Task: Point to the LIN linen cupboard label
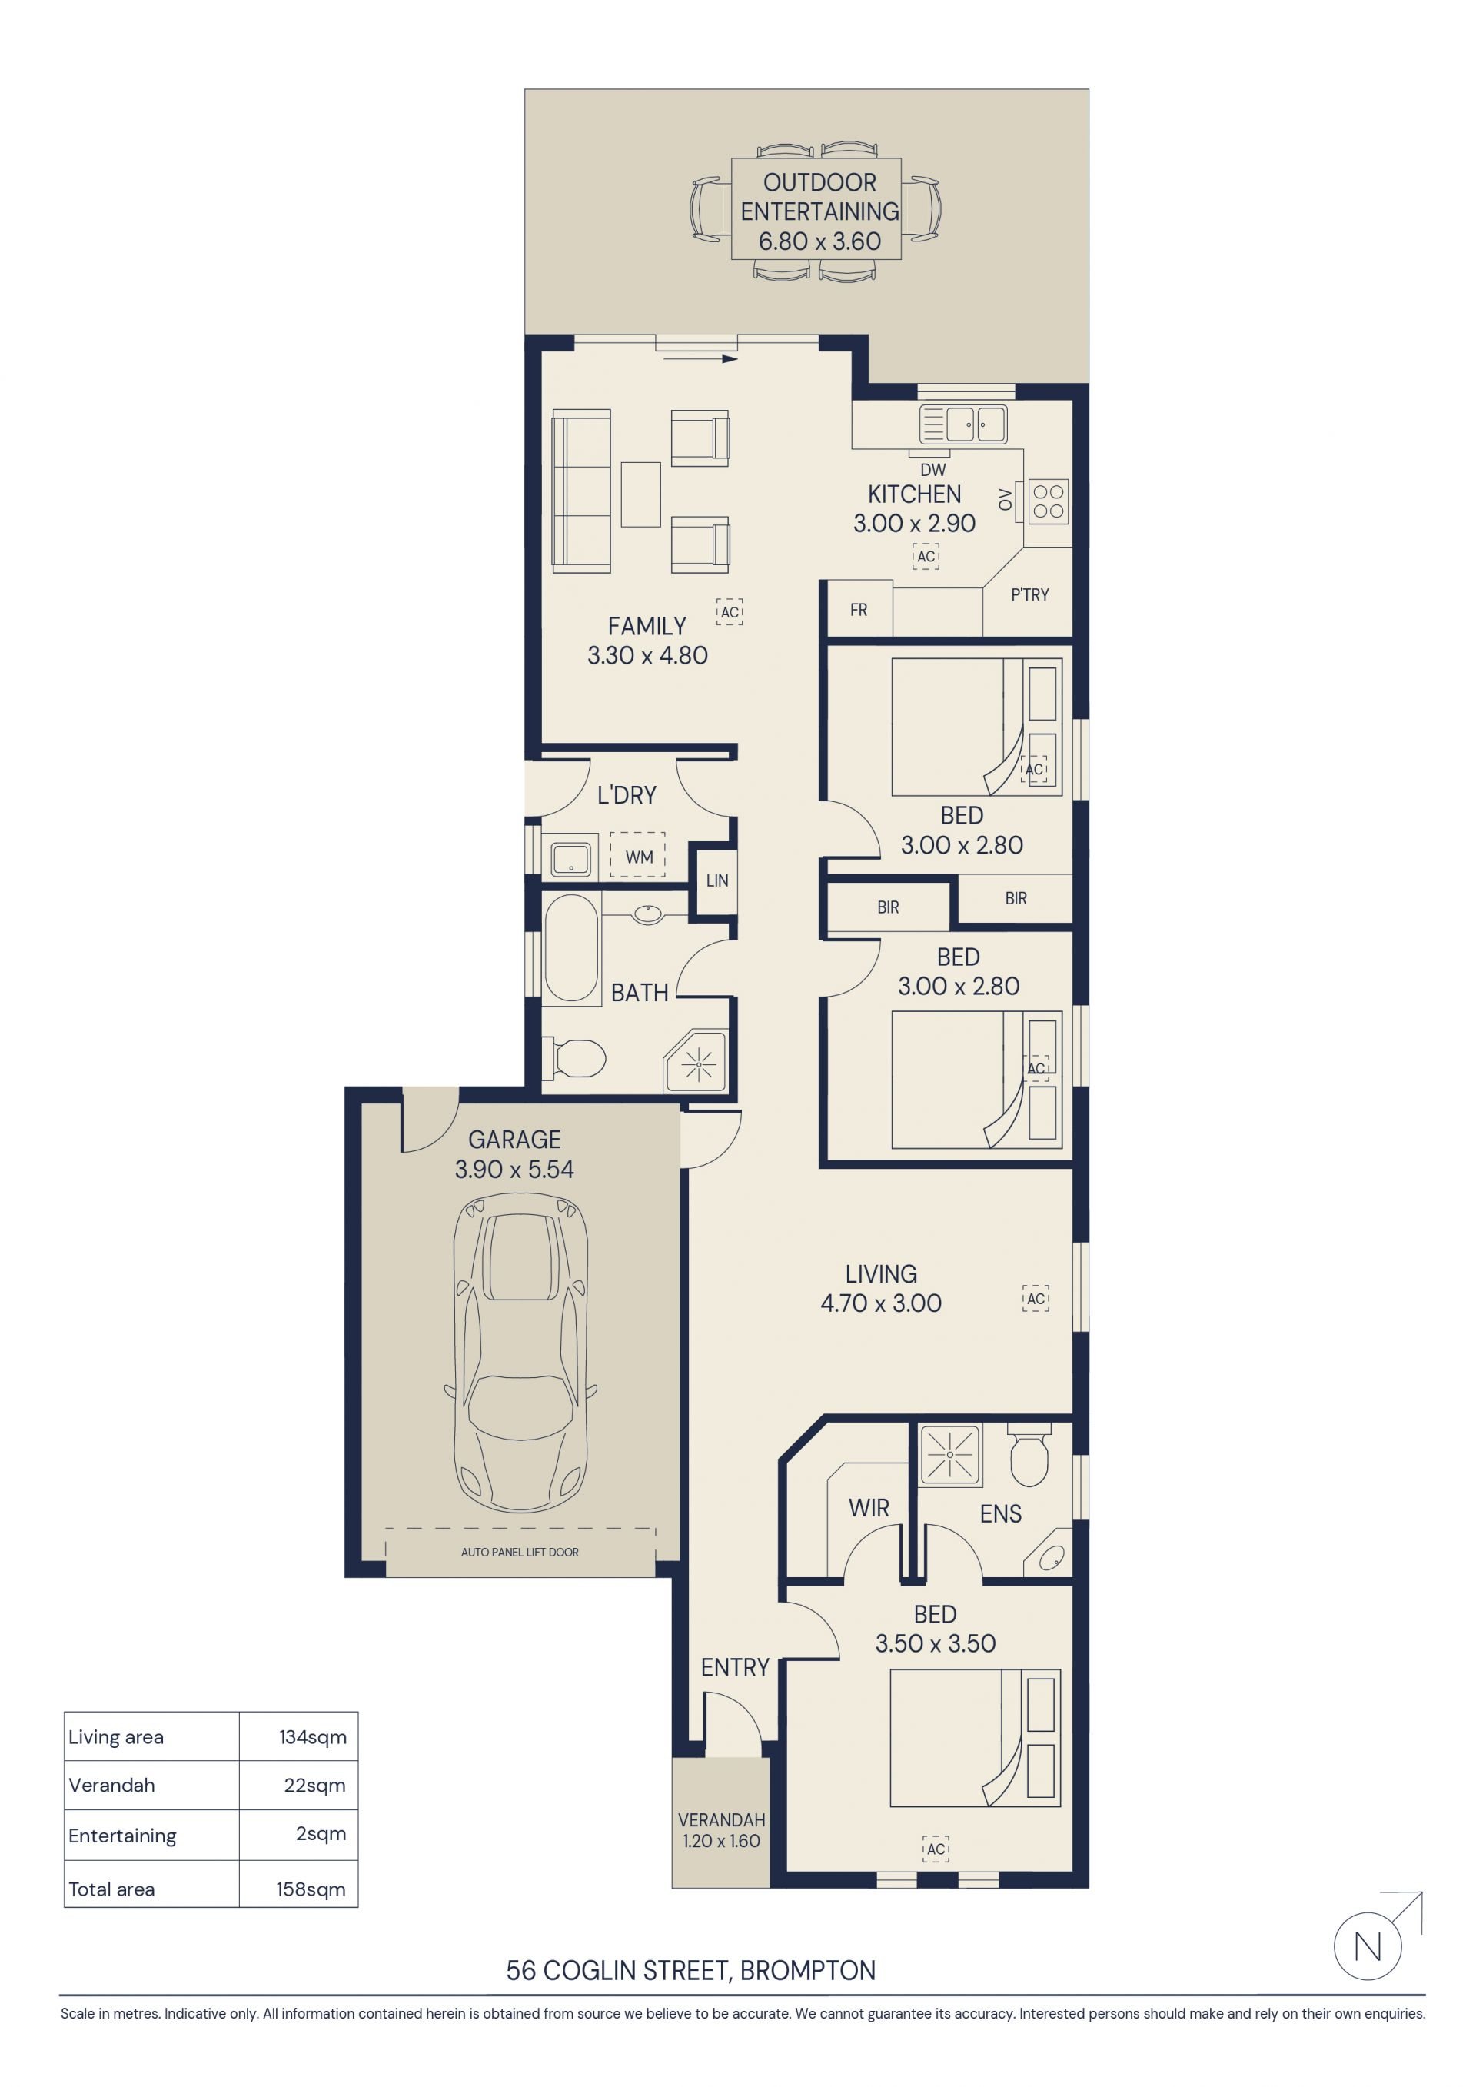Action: pos(717,880)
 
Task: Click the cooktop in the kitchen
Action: pos(1048,501)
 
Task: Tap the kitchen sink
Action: pos(963,424)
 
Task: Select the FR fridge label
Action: pos(859,610)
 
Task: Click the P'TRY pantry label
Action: pos(1030,594)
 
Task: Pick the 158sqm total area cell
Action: pos(311,1889)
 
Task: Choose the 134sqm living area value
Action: pos(313,1737)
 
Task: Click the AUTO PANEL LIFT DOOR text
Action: pos(520,1552)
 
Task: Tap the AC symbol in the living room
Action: pos(1036,1299)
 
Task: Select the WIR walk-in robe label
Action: pos(869,1508)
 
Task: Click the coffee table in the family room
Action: pos(640,494)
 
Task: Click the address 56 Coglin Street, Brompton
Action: pos(691,1971)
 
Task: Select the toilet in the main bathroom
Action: pos(574,1058)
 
